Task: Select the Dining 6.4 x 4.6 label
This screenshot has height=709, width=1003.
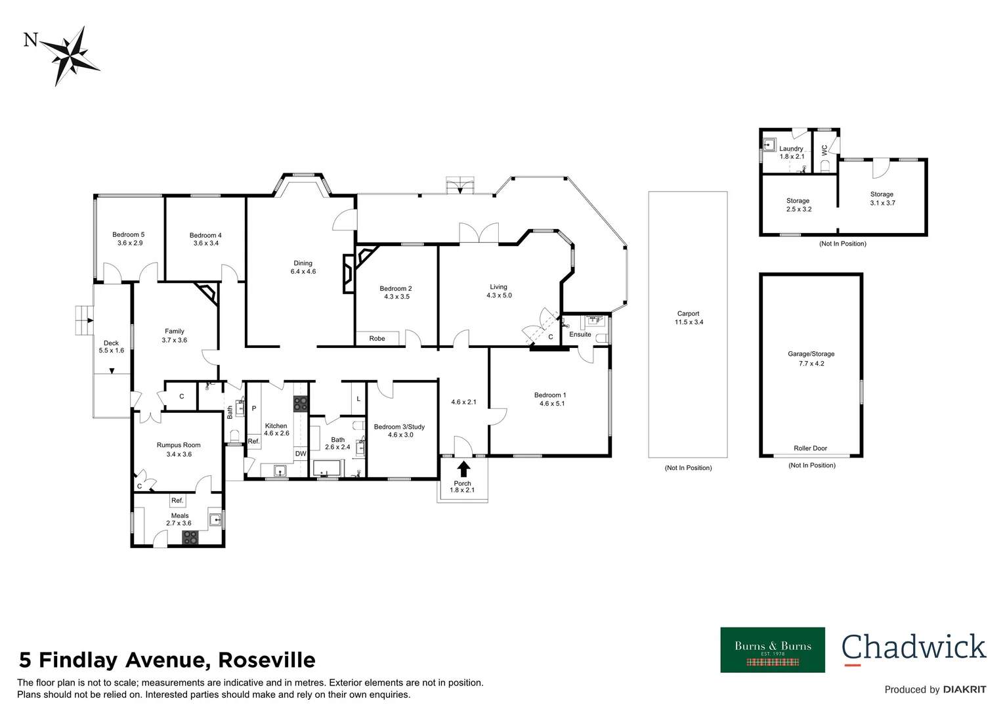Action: (x=303, y=267)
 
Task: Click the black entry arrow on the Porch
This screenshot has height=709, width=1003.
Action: (x=463, y=469)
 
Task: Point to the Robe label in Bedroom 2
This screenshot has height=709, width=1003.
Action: (x=377, y=339)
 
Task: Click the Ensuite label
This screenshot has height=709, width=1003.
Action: (x=580, y=334)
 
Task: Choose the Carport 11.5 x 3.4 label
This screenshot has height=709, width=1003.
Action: (x=689, y=318)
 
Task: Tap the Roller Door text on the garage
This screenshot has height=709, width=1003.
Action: (x=810, y=448)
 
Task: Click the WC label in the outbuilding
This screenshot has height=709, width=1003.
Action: (x=824, y=150)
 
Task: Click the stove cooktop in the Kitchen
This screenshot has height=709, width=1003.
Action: (x=300, y=404)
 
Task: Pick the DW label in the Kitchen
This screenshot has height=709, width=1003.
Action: (x=301, y=454)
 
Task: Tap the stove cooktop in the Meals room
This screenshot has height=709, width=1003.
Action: (x=190, y=538)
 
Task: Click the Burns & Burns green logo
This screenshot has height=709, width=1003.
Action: (x=773, y=649)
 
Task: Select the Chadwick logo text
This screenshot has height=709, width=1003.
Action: (x=914, y=647)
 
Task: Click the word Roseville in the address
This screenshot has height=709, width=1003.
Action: (x=267, y=660)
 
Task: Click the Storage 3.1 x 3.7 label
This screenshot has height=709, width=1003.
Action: (x=882, y=198)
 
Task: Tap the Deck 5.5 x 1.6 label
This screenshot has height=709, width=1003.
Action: (x=111, y=347)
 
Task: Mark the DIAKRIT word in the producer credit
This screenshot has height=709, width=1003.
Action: (x=964, y=689)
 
